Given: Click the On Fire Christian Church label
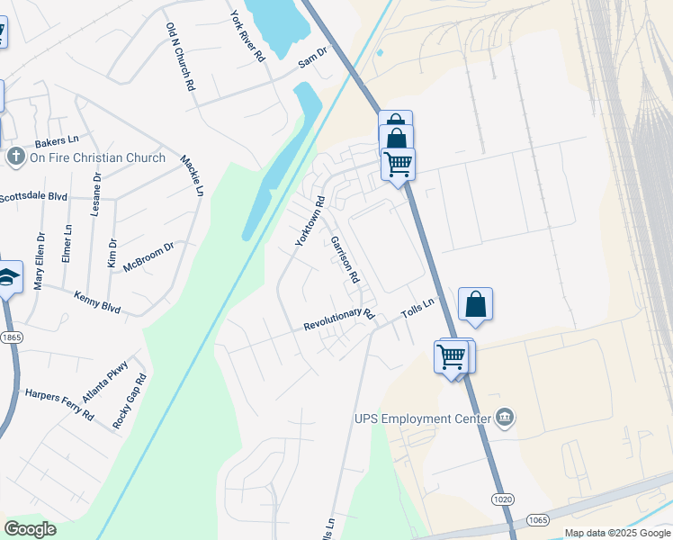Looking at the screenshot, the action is tap(98, 157).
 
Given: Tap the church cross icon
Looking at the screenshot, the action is tap(15, 157).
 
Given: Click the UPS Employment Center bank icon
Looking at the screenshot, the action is tap(506, 418).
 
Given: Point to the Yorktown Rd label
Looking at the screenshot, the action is tap(310, 222).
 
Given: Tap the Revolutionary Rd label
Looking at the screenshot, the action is tap(338, 319).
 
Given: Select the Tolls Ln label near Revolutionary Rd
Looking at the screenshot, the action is tap(417, 310).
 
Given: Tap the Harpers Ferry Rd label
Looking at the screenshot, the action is tap(59, 404).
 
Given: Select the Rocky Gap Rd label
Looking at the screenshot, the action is tap(129, 401).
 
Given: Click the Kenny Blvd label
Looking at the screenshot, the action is tap(97, 301).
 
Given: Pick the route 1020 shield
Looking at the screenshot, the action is tap(502, 499).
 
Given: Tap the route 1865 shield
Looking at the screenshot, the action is tap(11, 337).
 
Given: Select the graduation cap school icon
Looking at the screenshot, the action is tap(8, 278).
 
